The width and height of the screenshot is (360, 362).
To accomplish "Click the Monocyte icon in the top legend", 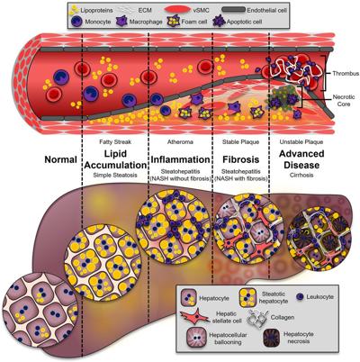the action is [x=77, y=22].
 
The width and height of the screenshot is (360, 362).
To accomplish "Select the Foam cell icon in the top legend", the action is [x=173, y=22].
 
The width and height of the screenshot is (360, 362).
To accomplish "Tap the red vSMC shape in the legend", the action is [x=177, y=9].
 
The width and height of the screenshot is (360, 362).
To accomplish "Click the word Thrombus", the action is [x=346, y=73].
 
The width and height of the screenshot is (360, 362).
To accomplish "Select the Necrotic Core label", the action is [x=344, y=101].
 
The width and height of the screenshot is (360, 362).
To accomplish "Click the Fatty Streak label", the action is [x=115, y=141].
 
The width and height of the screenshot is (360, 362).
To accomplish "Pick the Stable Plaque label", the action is [x=240, y=141].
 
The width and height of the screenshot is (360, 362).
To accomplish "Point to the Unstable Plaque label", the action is [x=301, y=141].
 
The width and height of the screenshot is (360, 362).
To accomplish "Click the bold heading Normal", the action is [x=61, y=159].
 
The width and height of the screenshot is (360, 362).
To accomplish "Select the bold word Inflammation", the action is [x=180, y=159].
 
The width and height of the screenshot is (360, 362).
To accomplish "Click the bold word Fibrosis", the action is [x=241, y=159].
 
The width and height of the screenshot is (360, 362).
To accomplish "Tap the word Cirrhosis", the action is [x=301, y=175].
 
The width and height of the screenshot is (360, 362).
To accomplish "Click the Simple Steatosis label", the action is [x=115, y=175].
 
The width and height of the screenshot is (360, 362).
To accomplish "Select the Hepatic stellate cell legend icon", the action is [x=194, y=317].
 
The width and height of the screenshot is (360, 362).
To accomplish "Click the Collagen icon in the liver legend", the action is [x=256, y=318].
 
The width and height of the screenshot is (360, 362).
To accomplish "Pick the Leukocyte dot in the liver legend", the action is [x=300, y=297].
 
